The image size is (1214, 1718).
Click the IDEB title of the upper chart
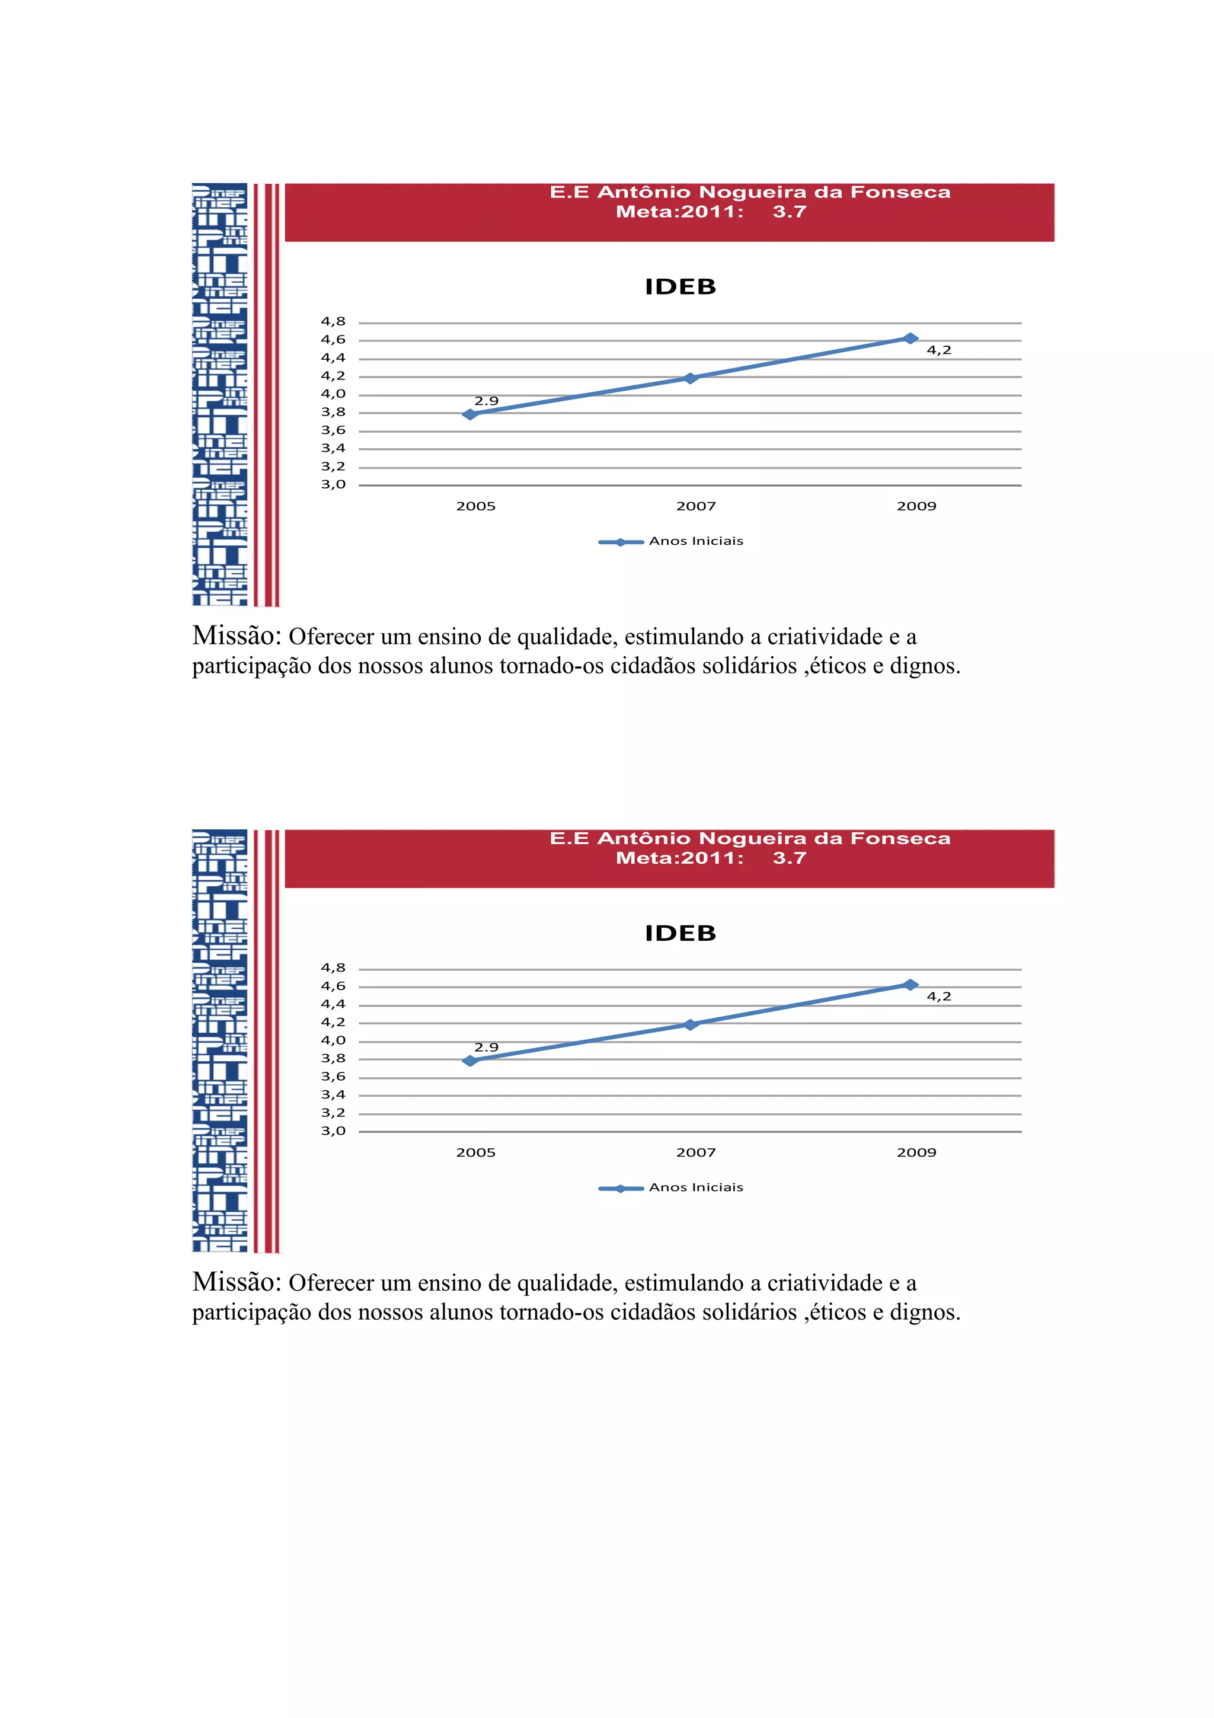pyautogui.click(x=680, y=286)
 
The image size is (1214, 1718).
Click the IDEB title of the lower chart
pyautogui.click(x=680, y=933)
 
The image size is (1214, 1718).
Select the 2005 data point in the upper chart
pyautogui.click(x=469, y=414)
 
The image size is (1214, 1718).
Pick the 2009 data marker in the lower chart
pyautogui.click(x=909, y=985)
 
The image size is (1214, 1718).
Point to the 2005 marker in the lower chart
pyautogui.click(x=469, y=1061)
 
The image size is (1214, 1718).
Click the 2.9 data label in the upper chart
pyautogui.click(x=486, y=401)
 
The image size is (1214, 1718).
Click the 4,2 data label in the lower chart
pyautogui.click(x=939, y=996)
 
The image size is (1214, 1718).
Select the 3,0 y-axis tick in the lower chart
pyautogui.click(x=334, y=1131)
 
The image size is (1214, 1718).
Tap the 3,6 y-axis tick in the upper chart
pyautogui.click(x=334, y=430)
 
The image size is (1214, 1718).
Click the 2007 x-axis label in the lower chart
pyautogui.click(x=696, y=1152)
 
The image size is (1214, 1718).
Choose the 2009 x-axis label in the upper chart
pyautogui.click(x=916, y=506)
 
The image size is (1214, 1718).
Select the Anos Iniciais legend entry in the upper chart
pyautogui.click(x=696, y=541)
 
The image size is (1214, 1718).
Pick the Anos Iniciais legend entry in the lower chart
pyautogui.click(x=696, y=1187)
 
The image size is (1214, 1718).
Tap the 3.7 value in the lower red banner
pyautogui.click(x=789, y=858)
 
